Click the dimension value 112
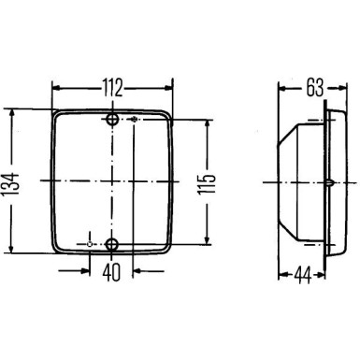pos(112,89)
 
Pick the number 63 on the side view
pos(313,89)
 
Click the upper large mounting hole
pos(113,122)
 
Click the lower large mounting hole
pos(113,245)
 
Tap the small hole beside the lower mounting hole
pos(90,245)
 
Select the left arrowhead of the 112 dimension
pos(54,88)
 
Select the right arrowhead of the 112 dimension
pos(170,88)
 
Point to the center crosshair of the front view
pos(113,179)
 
